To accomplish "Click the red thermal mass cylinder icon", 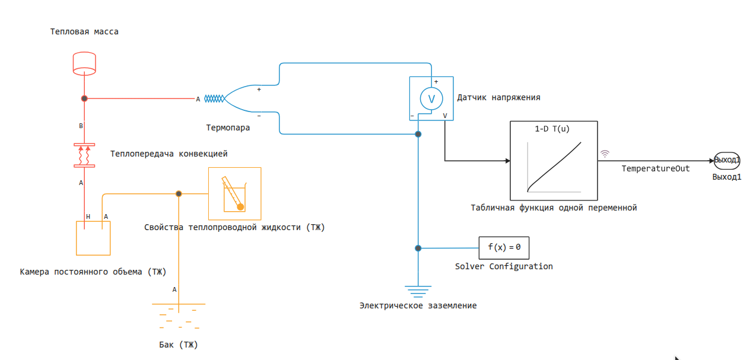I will tap(84, 63).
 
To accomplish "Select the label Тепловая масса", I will tap(84, 31).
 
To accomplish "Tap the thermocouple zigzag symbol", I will tap(215, 99).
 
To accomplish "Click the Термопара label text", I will tap(228, 128).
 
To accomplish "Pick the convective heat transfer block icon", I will tap(84, 154).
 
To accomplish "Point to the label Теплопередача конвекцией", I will tap(169, 154).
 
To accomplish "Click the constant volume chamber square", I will tap(93, 238).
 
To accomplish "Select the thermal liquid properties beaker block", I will tap(234, 193).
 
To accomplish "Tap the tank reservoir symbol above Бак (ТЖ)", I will tap(179, 314).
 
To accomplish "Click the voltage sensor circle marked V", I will tap(431, 98).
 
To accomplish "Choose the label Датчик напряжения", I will tap(498, 98).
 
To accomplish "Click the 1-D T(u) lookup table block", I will tap(554, 161).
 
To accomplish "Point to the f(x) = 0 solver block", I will tap(504, 247).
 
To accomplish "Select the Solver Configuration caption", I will tap(504, 266).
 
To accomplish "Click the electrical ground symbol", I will tap(418, 290).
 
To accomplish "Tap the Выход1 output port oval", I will tap(726, 160).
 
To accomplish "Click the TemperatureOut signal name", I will tap(655, 168).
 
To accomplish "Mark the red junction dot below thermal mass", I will tap(84, 99).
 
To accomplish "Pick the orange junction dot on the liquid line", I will tap(179, 193).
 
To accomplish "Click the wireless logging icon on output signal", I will tap(605, 153).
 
